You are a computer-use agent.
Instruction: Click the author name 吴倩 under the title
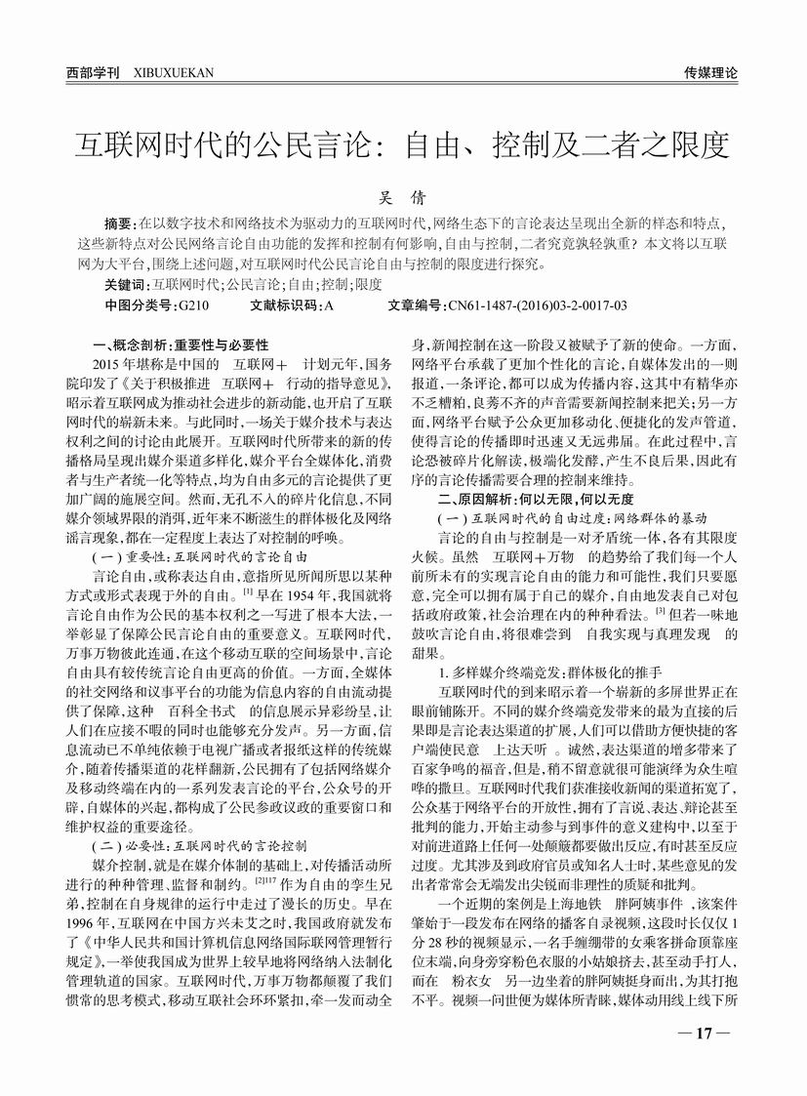[x=403, y=196]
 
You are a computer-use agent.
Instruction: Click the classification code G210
[x=194, y=304]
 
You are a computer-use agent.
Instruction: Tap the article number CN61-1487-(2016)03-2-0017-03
[x=537, y=304]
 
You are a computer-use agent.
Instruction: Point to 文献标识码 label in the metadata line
[x=283, y=304]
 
